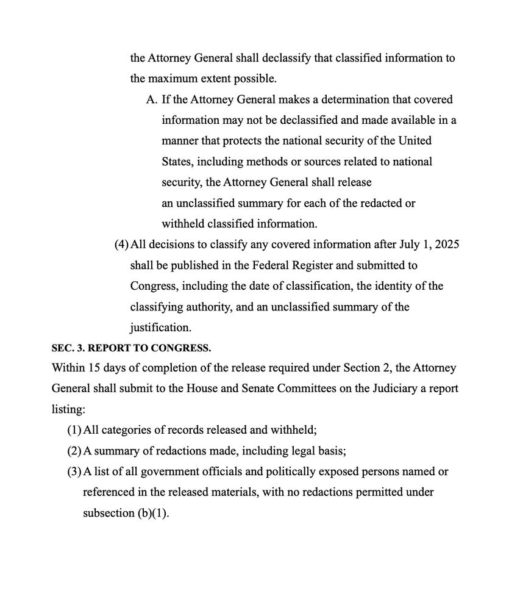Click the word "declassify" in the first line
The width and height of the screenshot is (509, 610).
click(x=264, y=59)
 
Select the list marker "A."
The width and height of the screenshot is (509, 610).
click(x=152, y=99)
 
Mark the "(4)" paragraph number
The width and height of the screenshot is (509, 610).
click(x=121, y=245)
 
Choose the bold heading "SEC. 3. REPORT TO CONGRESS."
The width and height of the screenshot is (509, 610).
click(x=131, y=348)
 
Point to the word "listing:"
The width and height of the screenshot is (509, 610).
click(x=68, y=409)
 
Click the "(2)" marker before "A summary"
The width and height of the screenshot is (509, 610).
click(x=74, y=451)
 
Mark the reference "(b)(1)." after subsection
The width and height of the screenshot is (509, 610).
click(x=152, y=513)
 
